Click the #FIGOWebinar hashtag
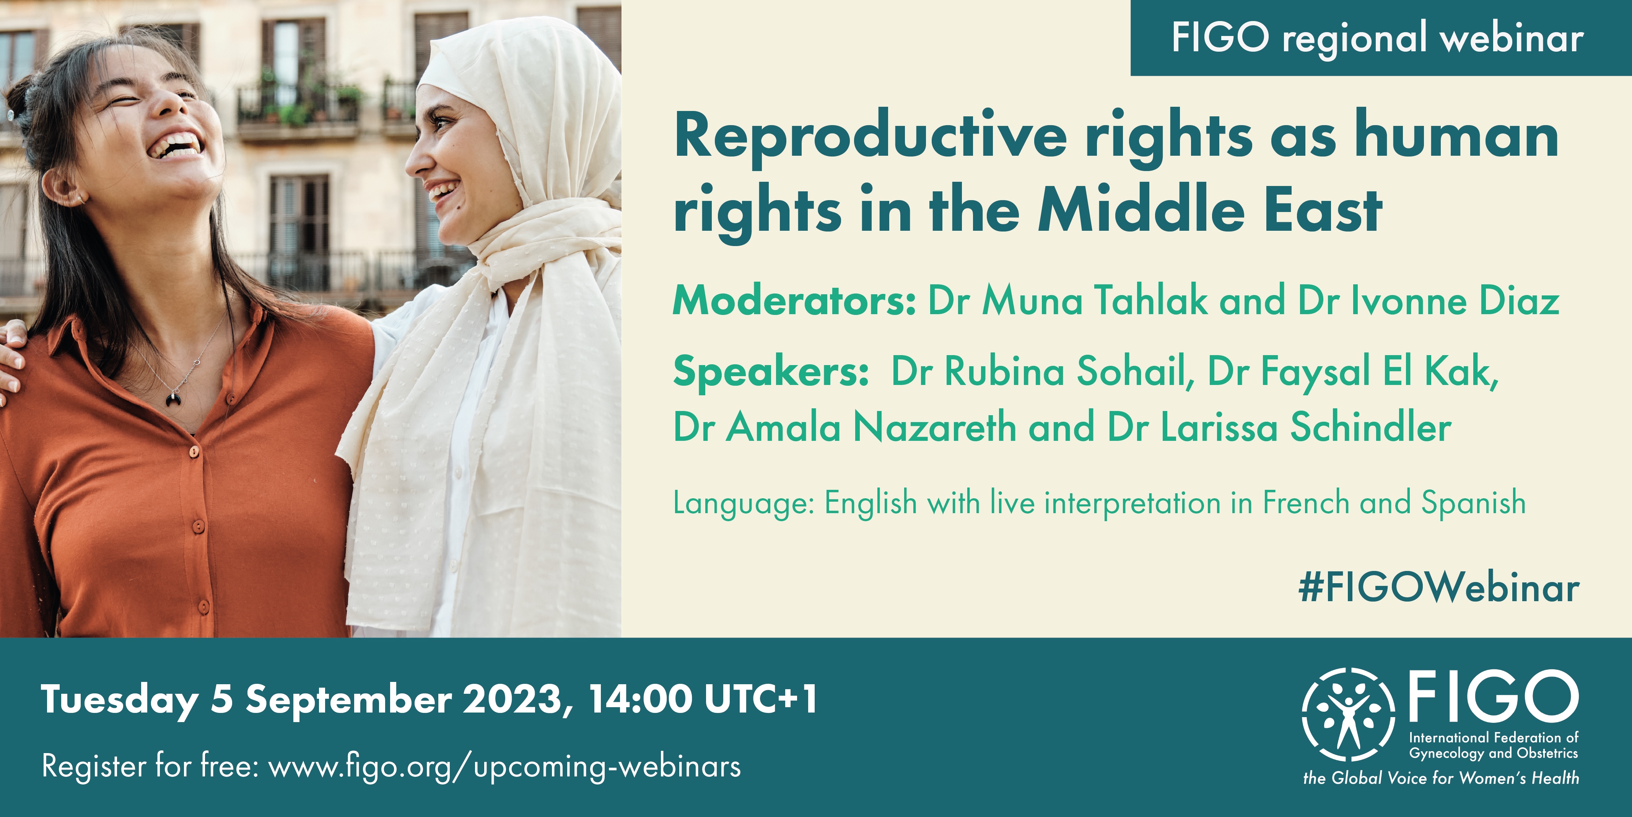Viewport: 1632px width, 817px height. click(x=1438, y=588)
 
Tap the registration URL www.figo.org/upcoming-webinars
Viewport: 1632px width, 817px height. click(x=504, y=766)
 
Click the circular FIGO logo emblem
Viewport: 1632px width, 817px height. click(x=1348, y=714)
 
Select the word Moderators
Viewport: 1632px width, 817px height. click(x=794, y=300)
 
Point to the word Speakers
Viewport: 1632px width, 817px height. click(x=770, y=372)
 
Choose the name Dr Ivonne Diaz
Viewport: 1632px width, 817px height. click(x=1429, y=300)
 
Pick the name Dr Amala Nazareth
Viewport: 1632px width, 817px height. click(x=844, y=427)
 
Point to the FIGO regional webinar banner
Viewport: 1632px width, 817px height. click(x=1381, y=38)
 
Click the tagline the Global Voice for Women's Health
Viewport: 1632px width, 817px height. click(x=1441, y=778)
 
